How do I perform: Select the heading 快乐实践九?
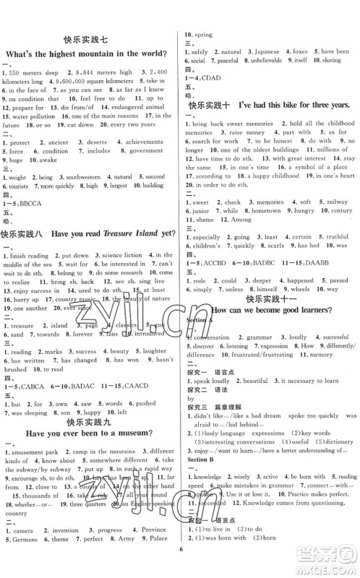click(x=90, y=423)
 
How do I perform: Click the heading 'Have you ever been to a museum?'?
click(x=90, y=436)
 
